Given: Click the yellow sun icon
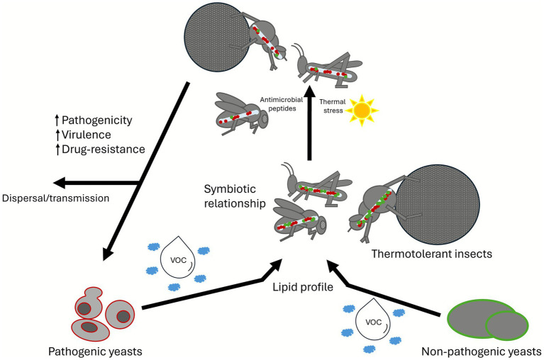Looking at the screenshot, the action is (x=362, y=110).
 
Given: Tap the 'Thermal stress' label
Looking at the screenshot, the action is (x=333, y=106).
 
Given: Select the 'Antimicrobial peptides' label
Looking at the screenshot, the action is (x=282, y=104).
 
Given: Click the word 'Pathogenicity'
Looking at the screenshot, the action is (x=96, y=120).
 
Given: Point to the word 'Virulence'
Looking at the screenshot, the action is (x=87, y=135).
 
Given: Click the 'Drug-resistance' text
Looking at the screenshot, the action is (x=104, y=150).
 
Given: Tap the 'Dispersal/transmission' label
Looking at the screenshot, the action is (x=55, y=198).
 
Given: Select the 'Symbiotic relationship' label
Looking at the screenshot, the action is (x=235, y=196).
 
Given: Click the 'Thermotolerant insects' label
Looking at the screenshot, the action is (x=432, y=254).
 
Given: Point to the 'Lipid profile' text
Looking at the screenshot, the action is (x=303, y=287).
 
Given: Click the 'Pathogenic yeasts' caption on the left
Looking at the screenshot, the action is (x=95, y=351).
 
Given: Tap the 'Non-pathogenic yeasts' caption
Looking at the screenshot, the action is (x=481, y=351).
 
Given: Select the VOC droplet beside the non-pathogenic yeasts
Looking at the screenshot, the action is (x=373, y=320).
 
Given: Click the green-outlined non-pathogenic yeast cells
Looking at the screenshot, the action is (x=488, y=320).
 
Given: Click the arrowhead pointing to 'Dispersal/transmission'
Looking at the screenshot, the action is (x=59, y=183).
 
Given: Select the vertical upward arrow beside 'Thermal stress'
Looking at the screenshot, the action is (x=309, y=123).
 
